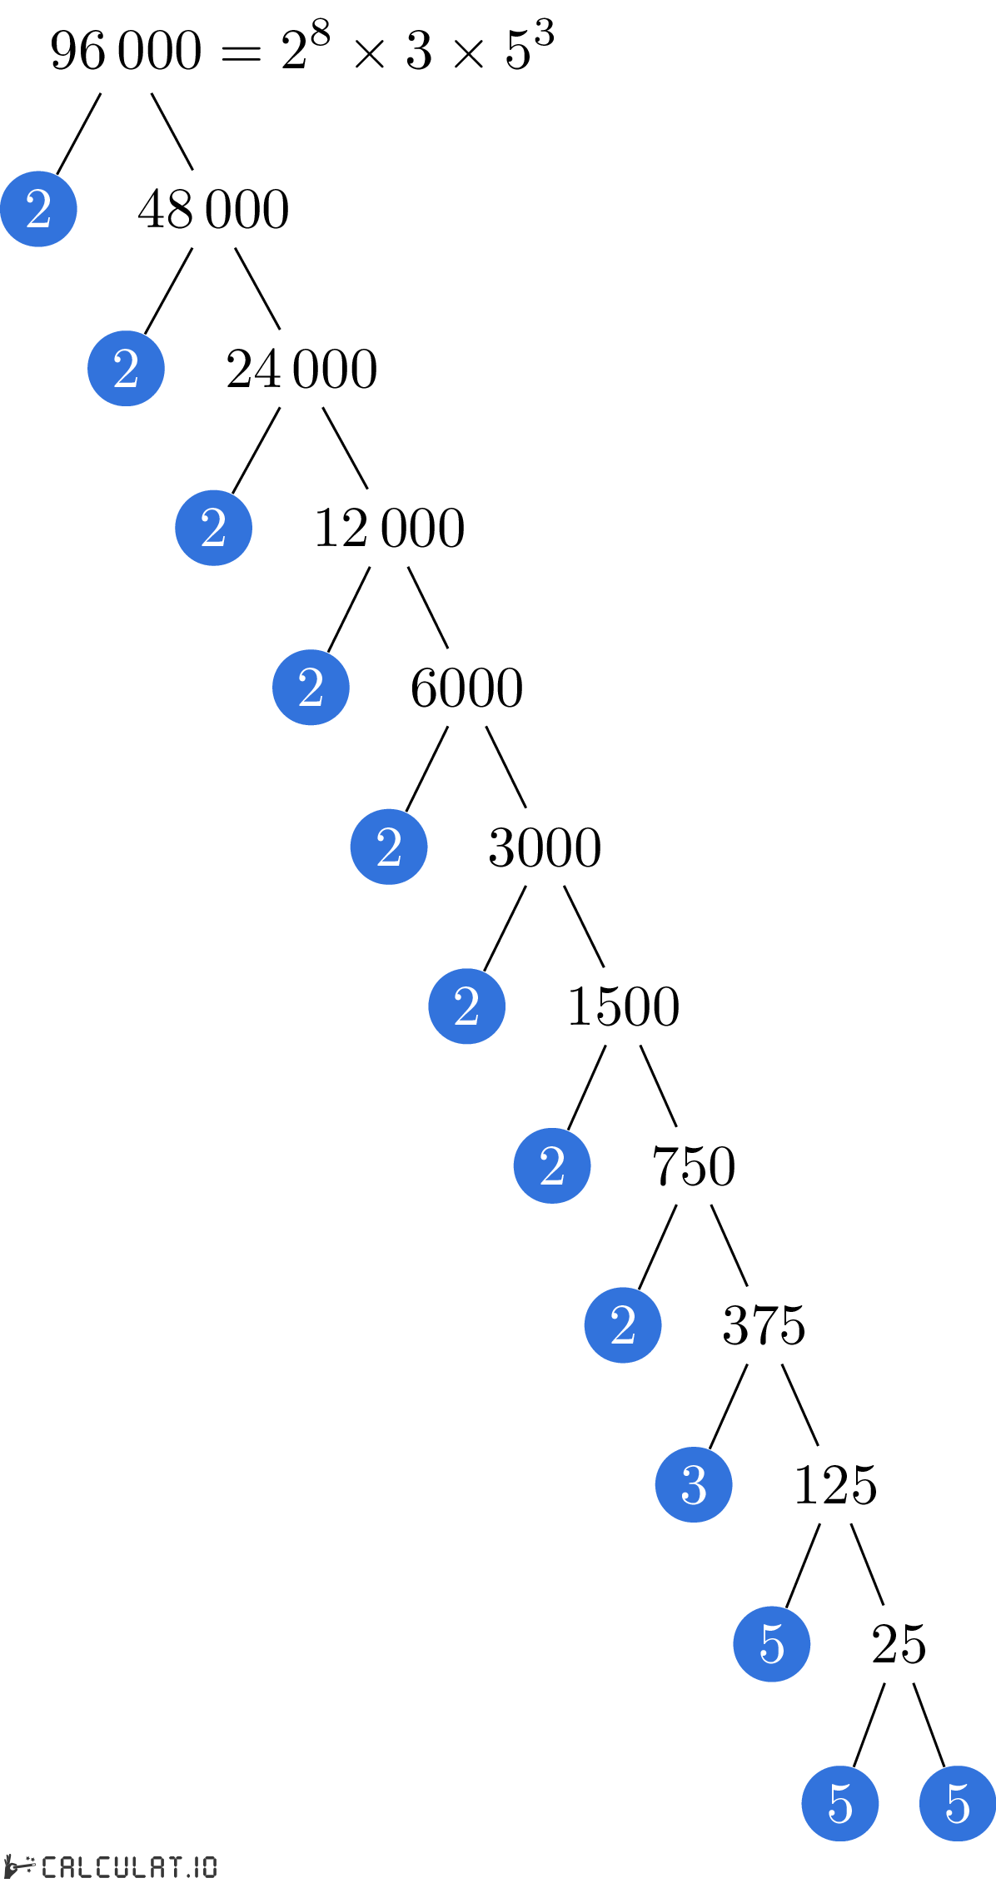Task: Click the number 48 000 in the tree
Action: coord(214,209)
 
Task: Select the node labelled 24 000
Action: coord(301,369)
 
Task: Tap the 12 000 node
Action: coord(389,528)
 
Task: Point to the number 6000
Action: coord(466,688)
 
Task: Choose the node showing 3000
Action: coord(545,847)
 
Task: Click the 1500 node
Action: coord(623,1006)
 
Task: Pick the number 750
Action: coord(694,1166)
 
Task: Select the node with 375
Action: coord(764,1325)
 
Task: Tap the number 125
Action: coord(835,1485)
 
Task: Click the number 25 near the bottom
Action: coord(899,1644)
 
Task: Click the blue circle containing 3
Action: coord(694,1485)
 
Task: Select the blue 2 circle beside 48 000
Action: coord(38,209)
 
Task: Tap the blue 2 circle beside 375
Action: coord(623,1325)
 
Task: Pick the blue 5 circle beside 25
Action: coord(772,1644)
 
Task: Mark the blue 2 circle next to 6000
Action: coord(311,688)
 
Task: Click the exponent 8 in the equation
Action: coord(321,35)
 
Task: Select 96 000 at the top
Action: coord(126,50)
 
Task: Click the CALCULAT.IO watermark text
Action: coord(129,1867)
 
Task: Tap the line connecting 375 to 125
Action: coord(800,1405)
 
